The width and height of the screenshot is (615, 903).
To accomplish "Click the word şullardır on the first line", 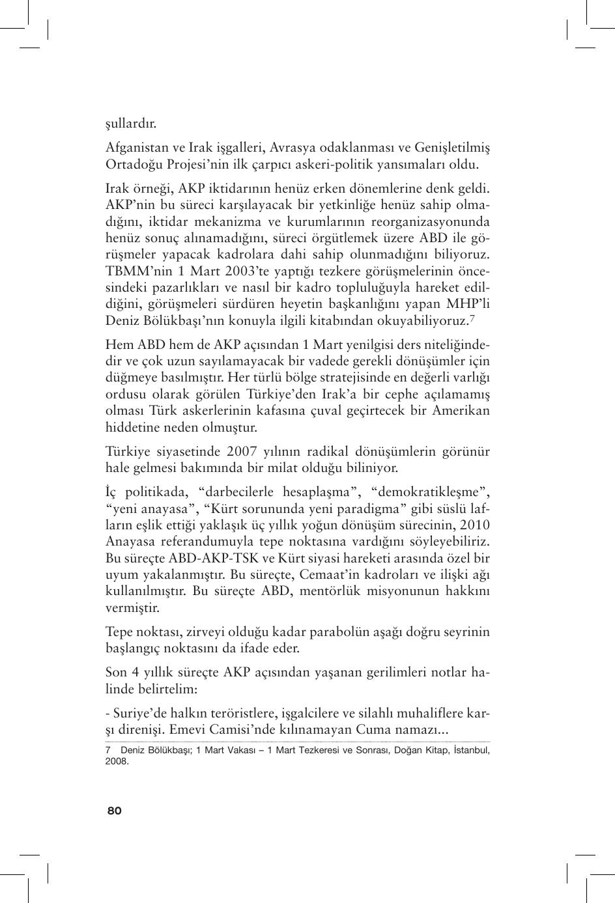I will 130,123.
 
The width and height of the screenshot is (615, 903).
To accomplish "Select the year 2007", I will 242,451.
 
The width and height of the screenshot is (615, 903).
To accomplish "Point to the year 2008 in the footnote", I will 116,760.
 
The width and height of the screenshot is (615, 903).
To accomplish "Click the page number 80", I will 115,811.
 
